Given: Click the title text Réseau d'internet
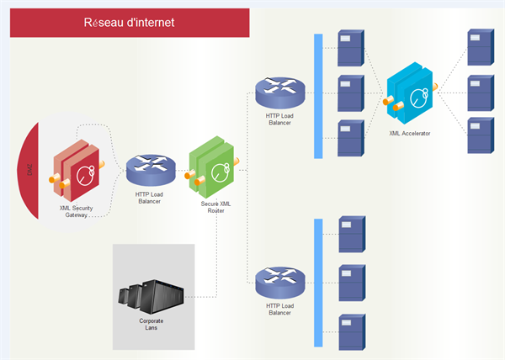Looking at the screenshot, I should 130,24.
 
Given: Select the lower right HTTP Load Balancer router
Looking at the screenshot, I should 279,280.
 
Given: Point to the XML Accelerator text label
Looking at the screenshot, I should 410,133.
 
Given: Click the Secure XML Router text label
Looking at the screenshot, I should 215,207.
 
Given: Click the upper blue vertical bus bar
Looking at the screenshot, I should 318,96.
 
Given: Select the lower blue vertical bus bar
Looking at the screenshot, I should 318,282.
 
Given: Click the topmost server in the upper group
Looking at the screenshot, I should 350,48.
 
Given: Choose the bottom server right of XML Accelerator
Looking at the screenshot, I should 480,135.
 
